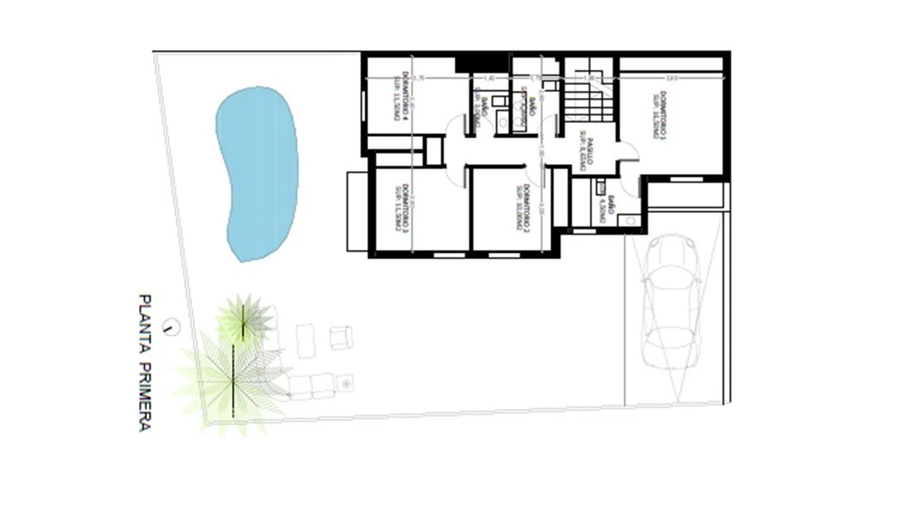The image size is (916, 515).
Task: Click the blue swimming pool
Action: point(256,174)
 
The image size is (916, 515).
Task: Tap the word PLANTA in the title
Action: point(145,324)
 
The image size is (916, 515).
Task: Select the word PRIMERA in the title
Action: point(145,397)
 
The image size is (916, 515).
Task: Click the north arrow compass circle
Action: point(171,328)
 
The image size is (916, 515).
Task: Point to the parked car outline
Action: point(671,302)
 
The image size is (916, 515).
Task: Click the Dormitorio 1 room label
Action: point(660,116)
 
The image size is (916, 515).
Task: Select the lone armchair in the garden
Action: point(341,337)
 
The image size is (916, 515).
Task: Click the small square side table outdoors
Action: point(346,384)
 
